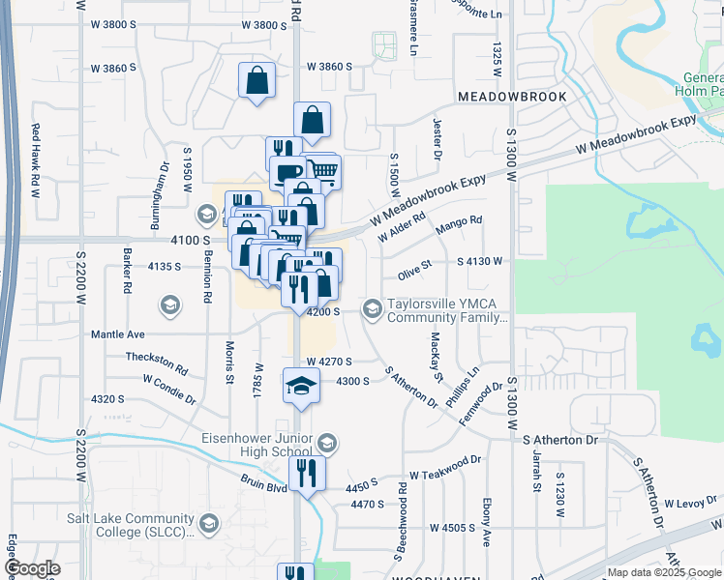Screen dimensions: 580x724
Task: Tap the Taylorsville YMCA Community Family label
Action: [447, 309]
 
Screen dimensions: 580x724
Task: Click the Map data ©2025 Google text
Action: [664, 572]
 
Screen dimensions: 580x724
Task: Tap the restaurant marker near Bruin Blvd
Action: [307, 474]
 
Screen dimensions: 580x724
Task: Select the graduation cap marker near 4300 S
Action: [301, 386]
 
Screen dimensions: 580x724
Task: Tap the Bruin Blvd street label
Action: [264, 483]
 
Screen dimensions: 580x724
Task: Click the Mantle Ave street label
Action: [117, 334]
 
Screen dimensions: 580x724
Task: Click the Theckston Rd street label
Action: [157, 362]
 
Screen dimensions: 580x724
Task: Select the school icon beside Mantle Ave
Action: [170, 307]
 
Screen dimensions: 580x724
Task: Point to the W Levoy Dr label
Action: [690, 504]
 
